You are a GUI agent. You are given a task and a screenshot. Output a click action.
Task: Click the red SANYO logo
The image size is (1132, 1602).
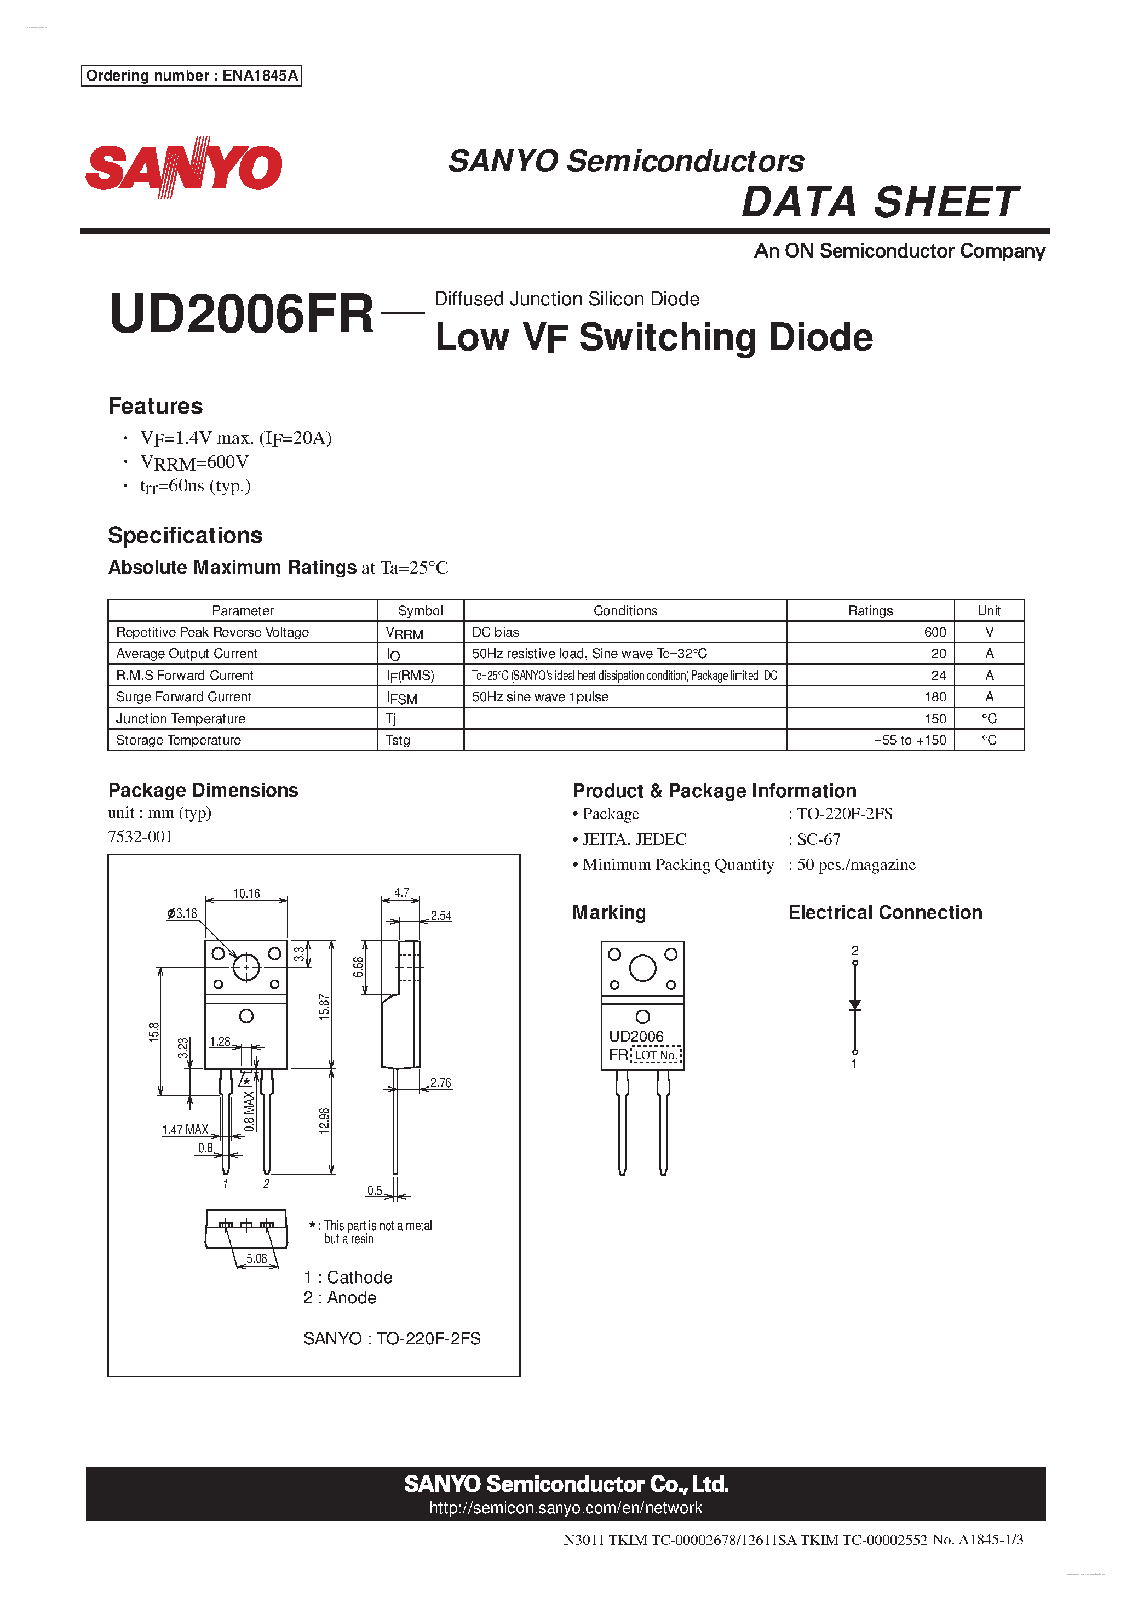(183, 168)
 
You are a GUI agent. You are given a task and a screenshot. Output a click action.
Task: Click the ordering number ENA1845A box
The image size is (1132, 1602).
(191, 76)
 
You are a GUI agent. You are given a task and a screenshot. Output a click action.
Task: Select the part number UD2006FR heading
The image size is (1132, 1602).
(242, 314)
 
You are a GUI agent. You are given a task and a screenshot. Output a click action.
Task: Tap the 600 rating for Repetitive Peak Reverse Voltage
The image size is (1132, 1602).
(935, 632)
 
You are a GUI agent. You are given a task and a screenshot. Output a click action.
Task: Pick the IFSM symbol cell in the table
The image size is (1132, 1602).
(403, 698)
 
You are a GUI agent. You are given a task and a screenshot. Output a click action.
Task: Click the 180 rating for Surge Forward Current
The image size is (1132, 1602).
(935, 697)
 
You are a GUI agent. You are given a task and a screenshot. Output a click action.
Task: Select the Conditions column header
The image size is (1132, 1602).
(625, 610)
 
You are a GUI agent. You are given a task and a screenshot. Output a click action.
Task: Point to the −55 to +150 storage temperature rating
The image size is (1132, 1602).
(910, 740)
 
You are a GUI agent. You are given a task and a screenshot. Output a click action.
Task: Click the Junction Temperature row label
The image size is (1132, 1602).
(181, 719)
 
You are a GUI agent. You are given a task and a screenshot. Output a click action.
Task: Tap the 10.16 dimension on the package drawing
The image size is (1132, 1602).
(246, 894)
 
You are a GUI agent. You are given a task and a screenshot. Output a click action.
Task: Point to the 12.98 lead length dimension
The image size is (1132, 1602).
(324, 1120)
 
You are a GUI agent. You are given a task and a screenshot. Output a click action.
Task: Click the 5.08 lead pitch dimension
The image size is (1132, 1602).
(257, 1258)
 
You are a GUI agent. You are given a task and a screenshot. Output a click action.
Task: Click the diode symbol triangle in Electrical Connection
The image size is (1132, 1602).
(854, 1005)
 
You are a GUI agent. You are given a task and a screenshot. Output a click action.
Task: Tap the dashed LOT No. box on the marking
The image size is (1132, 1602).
(656, 1055)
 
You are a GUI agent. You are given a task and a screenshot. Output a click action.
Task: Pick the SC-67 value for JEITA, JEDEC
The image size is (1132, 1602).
(819, 839)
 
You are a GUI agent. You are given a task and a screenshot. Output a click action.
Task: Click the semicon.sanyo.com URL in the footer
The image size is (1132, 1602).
(566, 1508)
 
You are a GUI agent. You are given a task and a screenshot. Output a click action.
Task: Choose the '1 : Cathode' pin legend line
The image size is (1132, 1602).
(348, 1278)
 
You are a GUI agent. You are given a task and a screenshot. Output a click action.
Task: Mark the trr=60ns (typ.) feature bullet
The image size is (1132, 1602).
(196, 487)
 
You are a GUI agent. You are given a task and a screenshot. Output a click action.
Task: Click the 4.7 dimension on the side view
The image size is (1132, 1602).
(402, 892)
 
